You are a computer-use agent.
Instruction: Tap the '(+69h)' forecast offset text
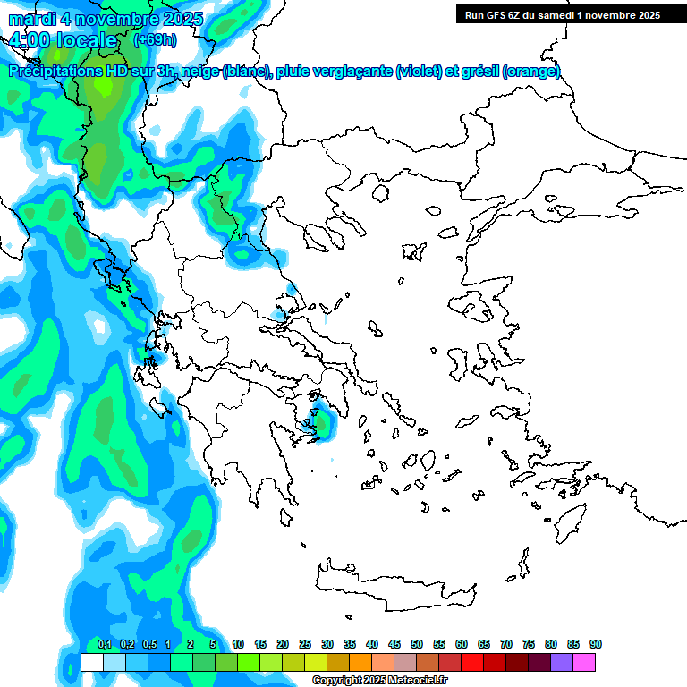pos(155,39)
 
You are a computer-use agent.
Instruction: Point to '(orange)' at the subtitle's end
pos(531,72)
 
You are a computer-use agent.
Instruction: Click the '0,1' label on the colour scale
pos(104,644)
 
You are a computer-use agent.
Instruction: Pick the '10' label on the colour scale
pos(238,644)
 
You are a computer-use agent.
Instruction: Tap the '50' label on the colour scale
pos(417,644)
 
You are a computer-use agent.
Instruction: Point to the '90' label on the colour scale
pos(596,644)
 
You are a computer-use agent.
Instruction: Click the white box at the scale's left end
pos(91,662)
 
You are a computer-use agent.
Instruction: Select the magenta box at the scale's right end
pos(584,662)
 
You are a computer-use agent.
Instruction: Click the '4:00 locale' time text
pos(63,40)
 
